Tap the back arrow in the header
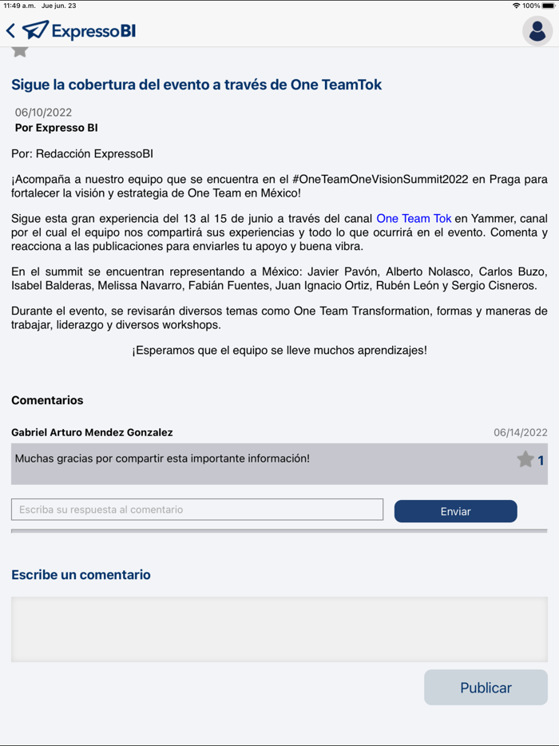pos(10,31)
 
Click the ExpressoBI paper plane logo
pos(36,30)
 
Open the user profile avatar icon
pos(537,31)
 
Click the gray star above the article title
pos(20,50)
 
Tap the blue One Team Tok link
pos(414,218)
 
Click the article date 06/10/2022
pos(43,113)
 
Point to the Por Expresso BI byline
pos(56,128)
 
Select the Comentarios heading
pos(47,400)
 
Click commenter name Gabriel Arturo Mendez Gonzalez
pos(92,432)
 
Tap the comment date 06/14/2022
pos(520,433)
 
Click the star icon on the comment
pos(525,459)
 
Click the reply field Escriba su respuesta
pos(197,510)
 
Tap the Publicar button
pos(486,688)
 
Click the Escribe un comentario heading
pos(81,574)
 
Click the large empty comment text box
pos(279,629)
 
